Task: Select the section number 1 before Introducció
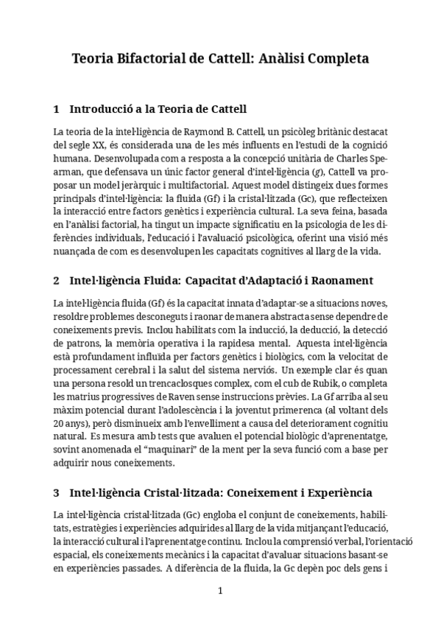point(57,109)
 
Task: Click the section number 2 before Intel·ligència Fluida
point(57,281)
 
